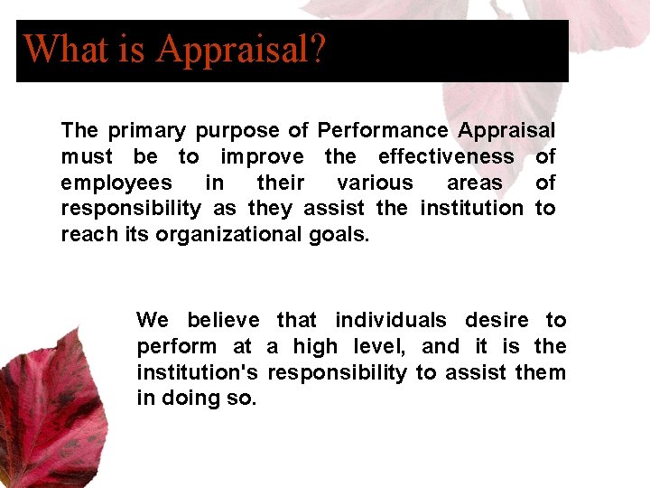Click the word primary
coord(135,131)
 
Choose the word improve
coord(262,157)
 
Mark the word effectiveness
coord(446,156)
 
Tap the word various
coord(375,183)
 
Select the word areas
coord(475,183)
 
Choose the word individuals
coord(391,320)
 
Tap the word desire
coord(497,320)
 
